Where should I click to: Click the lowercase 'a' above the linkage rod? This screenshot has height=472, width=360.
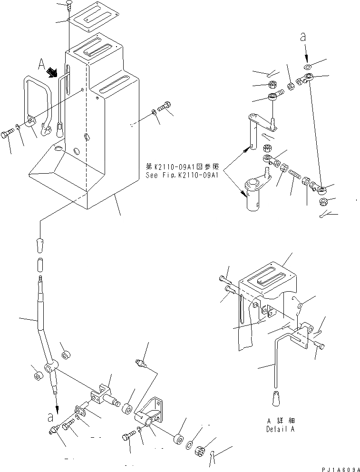[302, 37]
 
